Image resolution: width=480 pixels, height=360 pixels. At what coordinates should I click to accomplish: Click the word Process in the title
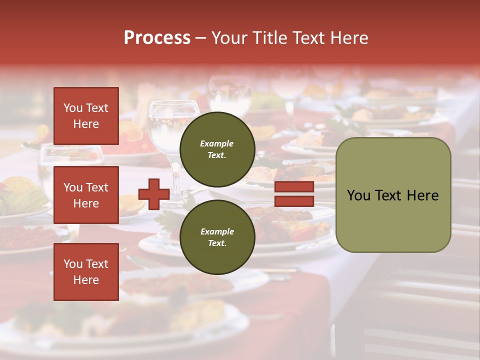[x=157, y=38]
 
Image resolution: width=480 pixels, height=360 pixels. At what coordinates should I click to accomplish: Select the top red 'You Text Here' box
[x=86, y=116]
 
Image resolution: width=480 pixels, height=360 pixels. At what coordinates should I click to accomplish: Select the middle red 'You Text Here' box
[x=86, y=195]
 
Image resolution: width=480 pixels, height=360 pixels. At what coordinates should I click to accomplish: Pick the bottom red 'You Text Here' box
[x=86, y=272]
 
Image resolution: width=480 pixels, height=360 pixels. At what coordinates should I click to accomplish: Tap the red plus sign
[x=154, y=194]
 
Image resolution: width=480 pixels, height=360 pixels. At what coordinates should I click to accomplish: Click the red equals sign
[x=294, y=194]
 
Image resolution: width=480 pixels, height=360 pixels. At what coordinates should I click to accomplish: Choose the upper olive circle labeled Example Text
[x=217, y=149]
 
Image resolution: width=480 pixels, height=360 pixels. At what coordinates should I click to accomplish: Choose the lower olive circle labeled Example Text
[x=217, y=237]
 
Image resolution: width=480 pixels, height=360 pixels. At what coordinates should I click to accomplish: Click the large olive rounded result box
[x=393, y=195]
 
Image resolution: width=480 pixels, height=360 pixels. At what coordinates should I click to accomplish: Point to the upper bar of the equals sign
[x=294, y=187]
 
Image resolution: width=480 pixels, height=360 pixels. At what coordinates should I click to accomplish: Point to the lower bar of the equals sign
[x=294, y=201]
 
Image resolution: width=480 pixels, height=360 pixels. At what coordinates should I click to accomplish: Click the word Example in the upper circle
[x=217, y=143]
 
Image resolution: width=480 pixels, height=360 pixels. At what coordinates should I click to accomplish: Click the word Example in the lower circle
[x=217, y=231]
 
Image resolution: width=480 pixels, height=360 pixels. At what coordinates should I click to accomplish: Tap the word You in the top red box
[x=73, y=108]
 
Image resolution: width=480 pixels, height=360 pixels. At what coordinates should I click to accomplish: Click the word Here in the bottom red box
[x=86, y=280]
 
